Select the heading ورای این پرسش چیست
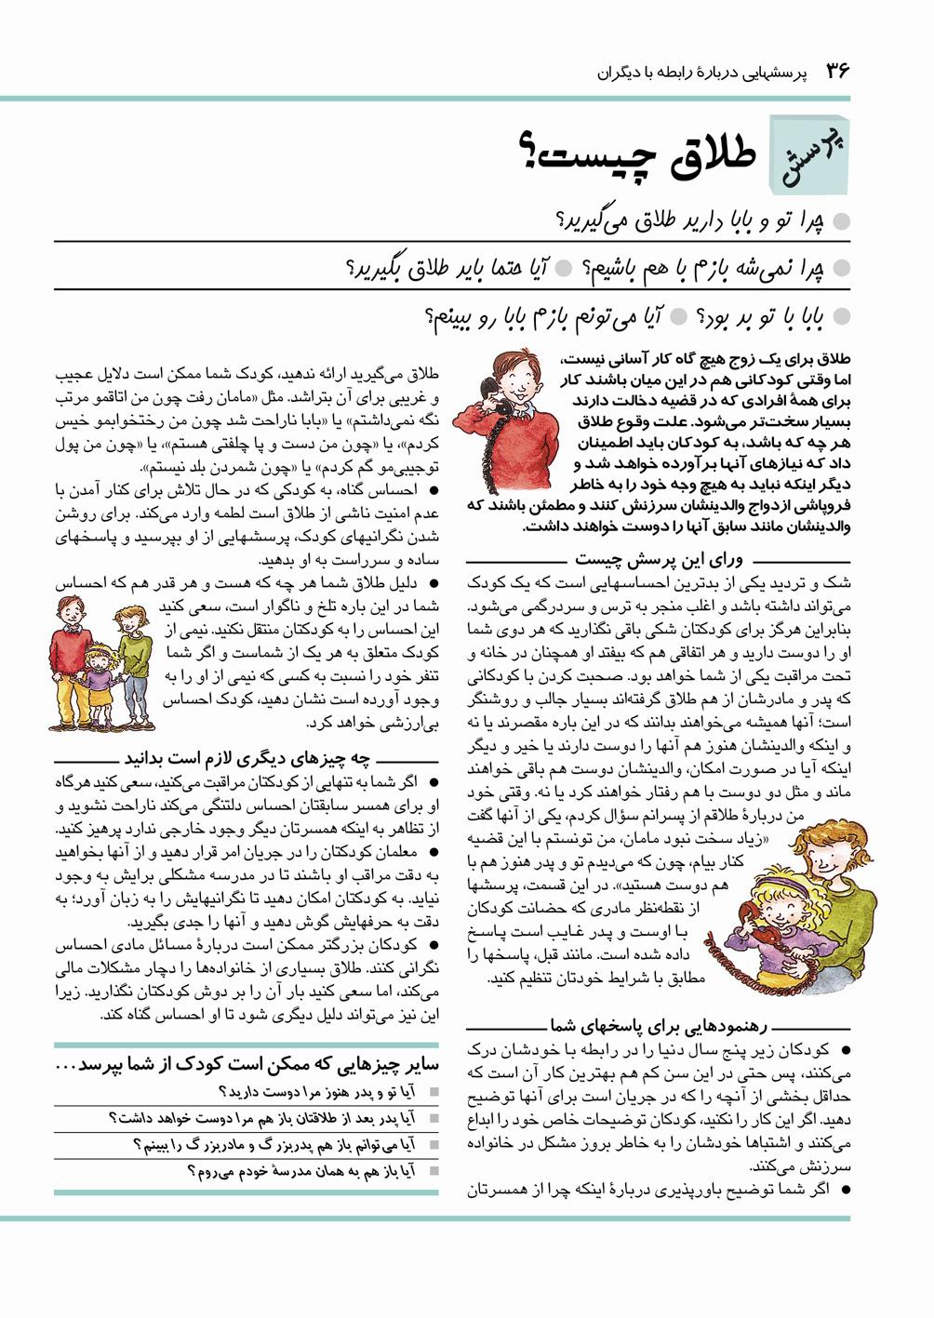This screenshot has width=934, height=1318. coord(661,560)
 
